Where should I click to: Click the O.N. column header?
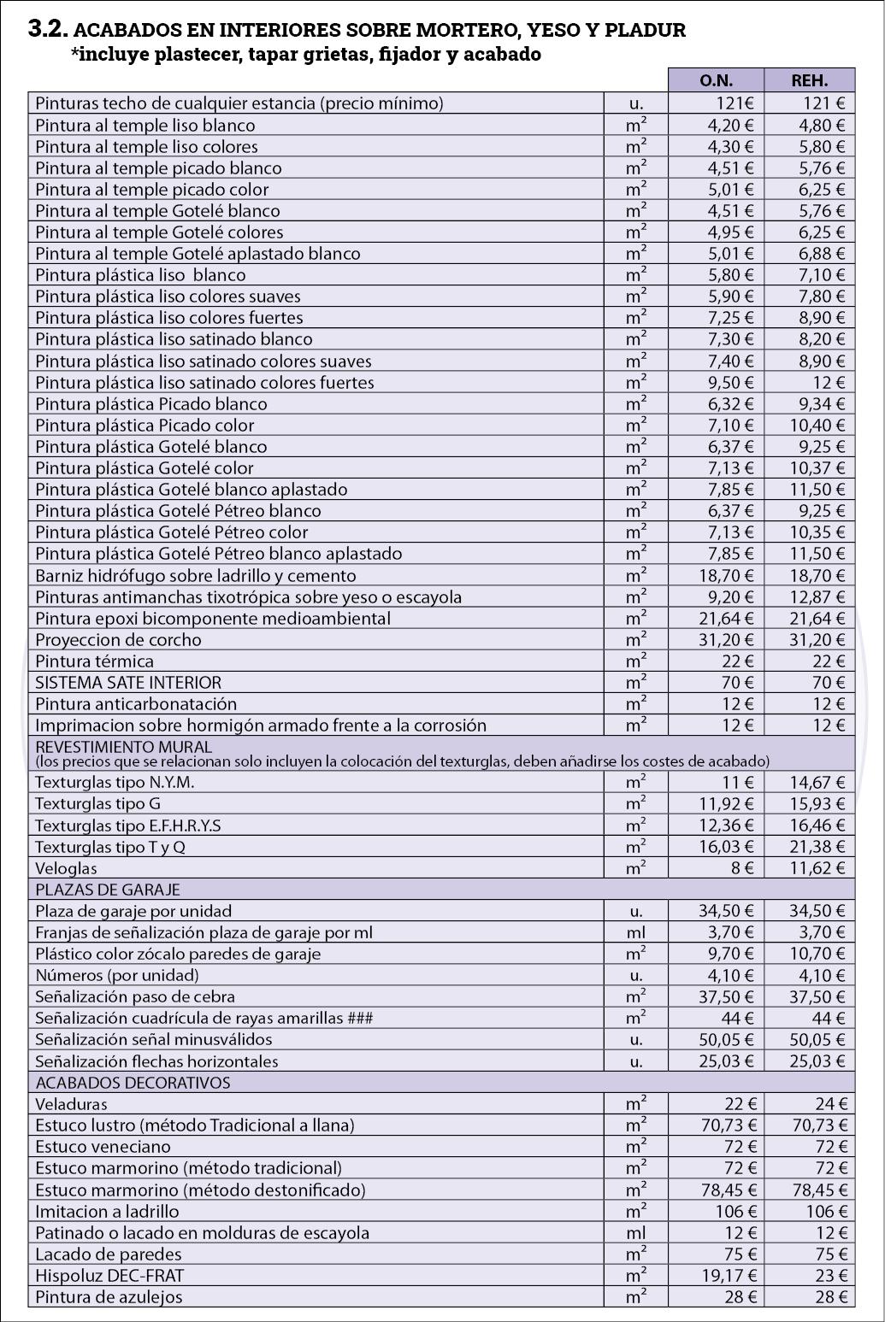[716, 80]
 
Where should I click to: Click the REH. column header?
[809, 80]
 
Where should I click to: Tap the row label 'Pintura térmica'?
[95, 661]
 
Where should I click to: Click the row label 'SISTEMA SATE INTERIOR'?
[128, 683]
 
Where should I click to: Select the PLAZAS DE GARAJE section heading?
[108, 890]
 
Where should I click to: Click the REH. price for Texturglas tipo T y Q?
[817, 847]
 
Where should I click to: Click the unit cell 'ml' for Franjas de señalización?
[635, 932]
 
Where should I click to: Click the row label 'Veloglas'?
[67, 868]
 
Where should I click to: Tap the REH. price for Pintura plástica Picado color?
[817, 426]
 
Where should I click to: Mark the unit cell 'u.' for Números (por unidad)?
[635, 975]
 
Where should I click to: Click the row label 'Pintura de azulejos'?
[109, 1297]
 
